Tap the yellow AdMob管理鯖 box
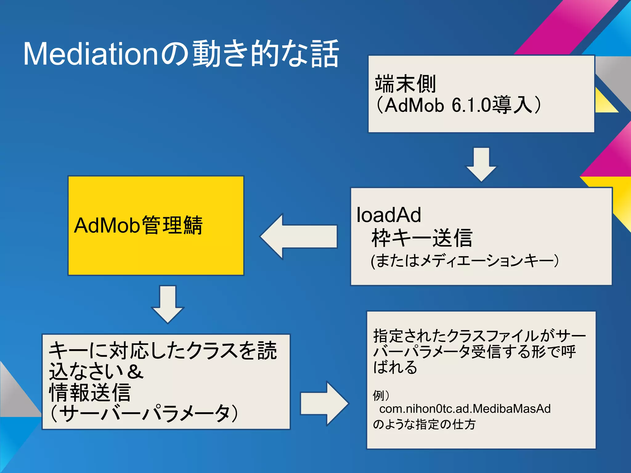coord(156,225)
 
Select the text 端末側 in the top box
coord(405,84)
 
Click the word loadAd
coord(389,215)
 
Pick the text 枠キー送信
coord(422,238)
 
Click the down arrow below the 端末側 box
coord(481,164)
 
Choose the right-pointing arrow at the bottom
coord(324,403)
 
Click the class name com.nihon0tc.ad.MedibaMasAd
coord(465,409)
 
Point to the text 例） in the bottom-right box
coord(381,395)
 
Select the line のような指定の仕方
coord(424,424)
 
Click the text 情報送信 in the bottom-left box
coord(90,392)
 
